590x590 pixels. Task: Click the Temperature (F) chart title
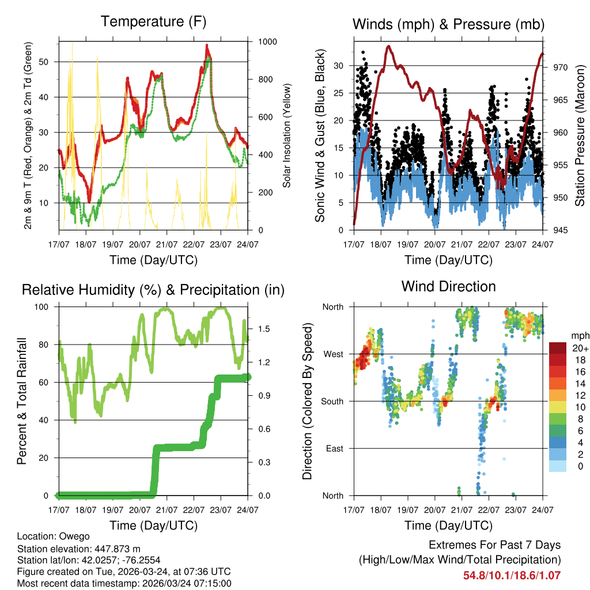point(153,22)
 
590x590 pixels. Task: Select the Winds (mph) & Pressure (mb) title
point(448,24)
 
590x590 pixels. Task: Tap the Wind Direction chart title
point(448,286)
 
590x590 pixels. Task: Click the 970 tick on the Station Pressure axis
point(560,67)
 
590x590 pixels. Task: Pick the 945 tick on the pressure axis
point(560,230)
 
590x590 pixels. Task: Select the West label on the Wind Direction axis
point(333,354)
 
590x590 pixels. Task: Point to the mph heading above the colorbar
point(578,335)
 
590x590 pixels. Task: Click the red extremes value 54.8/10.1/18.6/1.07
point(512,575)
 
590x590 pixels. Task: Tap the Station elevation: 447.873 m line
point(79,549)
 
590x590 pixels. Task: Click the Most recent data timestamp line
point(124,583)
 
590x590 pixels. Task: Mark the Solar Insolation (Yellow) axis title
point(287,135)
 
